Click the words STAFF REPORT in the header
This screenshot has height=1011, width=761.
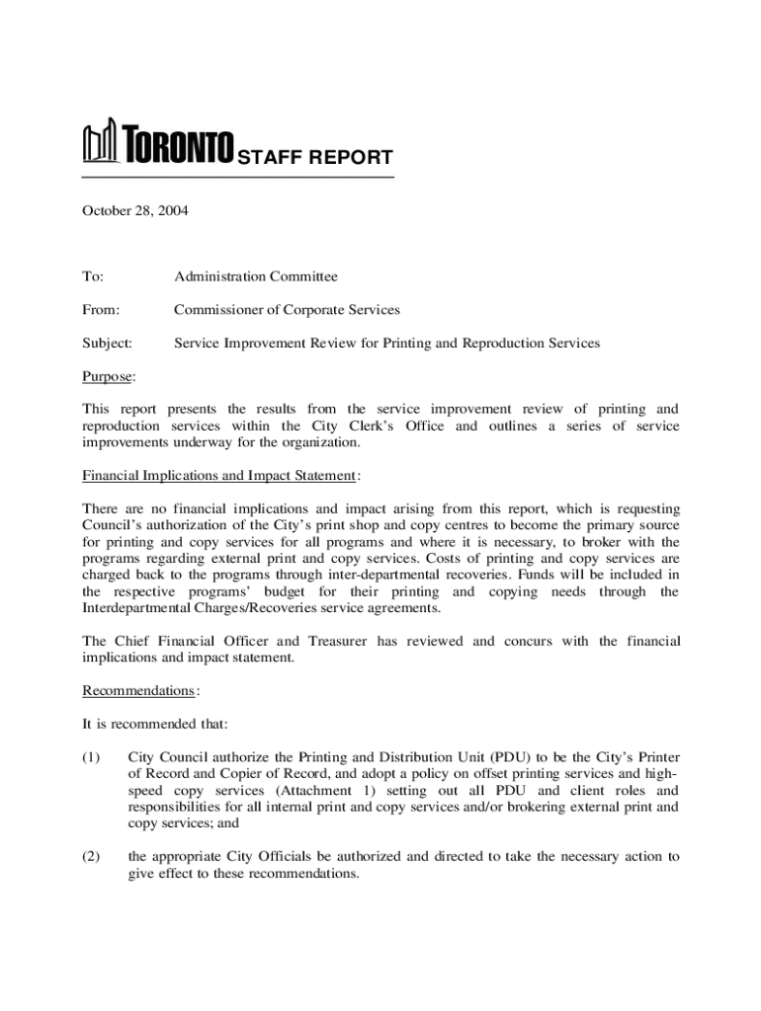coord(314,158)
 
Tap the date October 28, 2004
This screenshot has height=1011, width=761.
coord(134,210)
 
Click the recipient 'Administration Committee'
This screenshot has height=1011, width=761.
coord(256,276)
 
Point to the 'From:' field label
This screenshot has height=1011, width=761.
coord(100,310)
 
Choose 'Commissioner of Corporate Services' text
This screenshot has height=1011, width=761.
coord(287,310)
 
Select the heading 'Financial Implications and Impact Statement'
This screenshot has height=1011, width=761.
coord(218,476)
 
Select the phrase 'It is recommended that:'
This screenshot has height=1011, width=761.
coord(155,725)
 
